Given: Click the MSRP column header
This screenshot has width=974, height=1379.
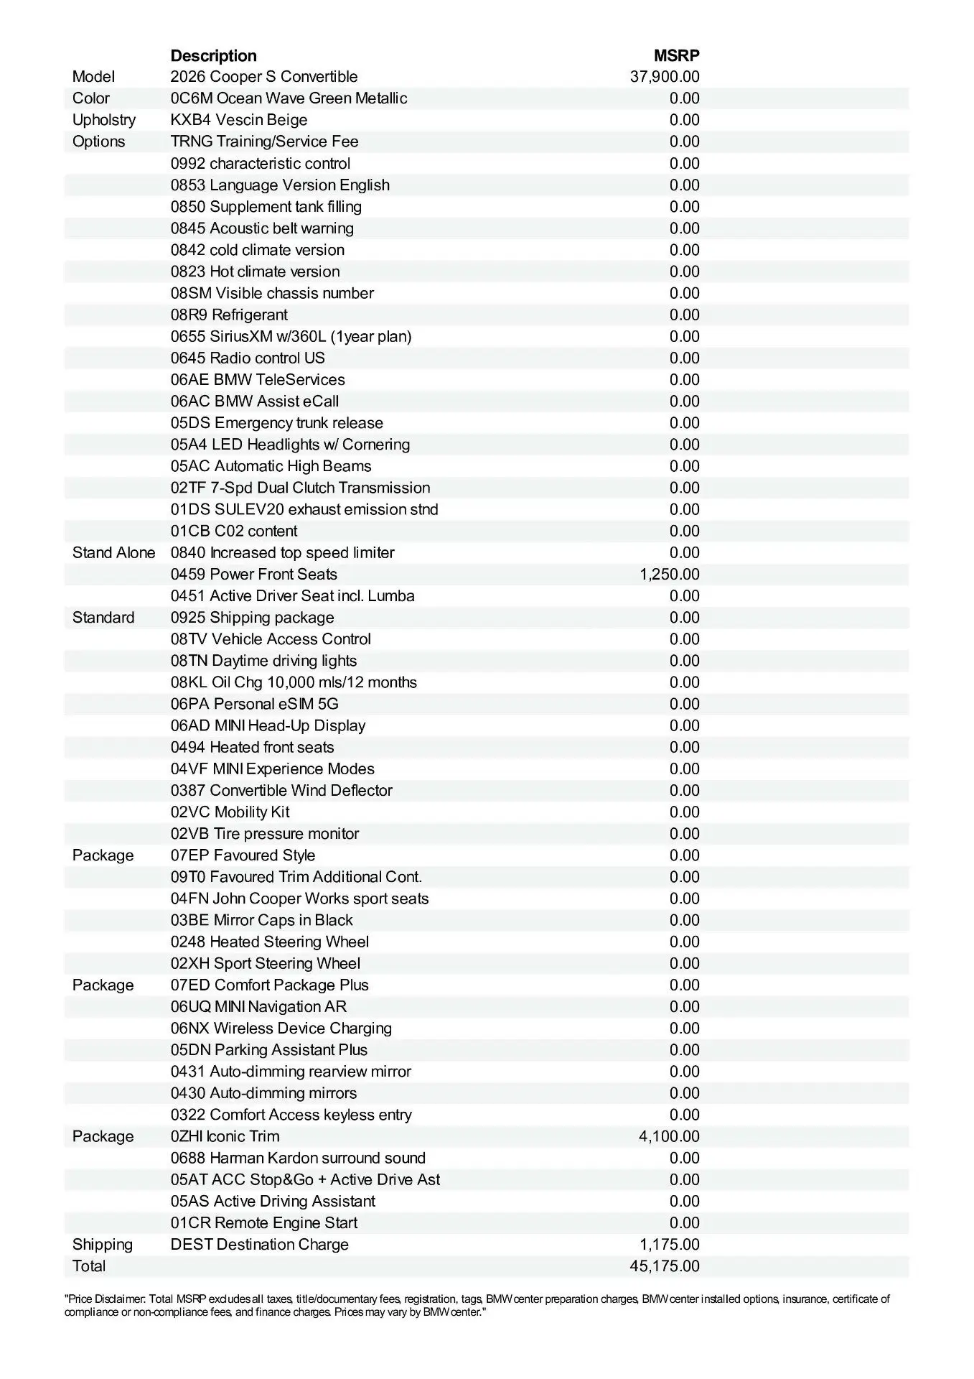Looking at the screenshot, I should coord(676,55).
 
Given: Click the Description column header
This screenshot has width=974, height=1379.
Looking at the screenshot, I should coord(213,55).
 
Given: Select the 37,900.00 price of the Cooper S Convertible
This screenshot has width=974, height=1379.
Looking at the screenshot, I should coord(665,77).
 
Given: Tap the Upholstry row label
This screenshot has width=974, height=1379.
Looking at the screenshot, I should coord(103,120).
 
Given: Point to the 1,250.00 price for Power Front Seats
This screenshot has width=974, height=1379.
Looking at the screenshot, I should coord(669,575).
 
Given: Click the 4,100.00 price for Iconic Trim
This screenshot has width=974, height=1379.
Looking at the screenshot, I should coord(669,1136).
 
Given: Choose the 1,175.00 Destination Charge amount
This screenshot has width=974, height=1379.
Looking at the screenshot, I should coord(669,1245).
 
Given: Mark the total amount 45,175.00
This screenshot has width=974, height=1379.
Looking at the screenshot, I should coord(665,1266).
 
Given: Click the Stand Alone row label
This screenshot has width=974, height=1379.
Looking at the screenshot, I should coord(113,553).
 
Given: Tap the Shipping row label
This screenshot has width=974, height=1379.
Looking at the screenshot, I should coord(102,1245).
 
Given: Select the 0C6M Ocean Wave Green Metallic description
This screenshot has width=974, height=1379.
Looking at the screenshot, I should coord(289,98).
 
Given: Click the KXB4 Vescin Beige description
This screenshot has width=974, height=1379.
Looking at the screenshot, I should coord(238,120).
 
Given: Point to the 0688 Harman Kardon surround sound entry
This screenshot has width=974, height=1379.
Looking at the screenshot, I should coord(298,1158).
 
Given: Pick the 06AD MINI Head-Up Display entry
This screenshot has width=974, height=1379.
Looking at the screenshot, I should coord(268,725).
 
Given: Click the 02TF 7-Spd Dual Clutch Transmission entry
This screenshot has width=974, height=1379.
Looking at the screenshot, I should coord(300,488).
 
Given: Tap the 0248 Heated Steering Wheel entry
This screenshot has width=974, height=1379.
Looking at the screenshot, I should coord(269,942).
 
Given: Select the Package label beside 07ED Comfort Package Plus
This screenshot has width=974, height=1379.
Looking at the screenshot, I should coord(103,985).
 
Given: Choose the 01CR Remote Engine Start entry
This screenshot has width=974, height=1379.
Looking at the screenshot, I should coord(263,1223).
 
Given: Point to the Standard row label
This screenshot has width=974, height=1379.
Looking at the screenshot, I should coord(103,618).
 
